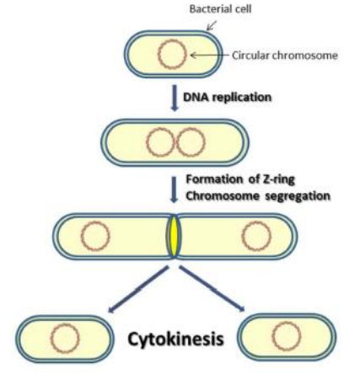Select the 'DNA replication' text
click(227, 98)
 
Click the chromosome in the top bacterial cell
click(171, 56)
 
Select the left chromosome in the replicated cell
click(158, 143)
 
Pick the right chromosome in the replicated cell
click(188, 143)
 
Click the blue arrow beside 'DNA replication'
click(174, 98)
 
